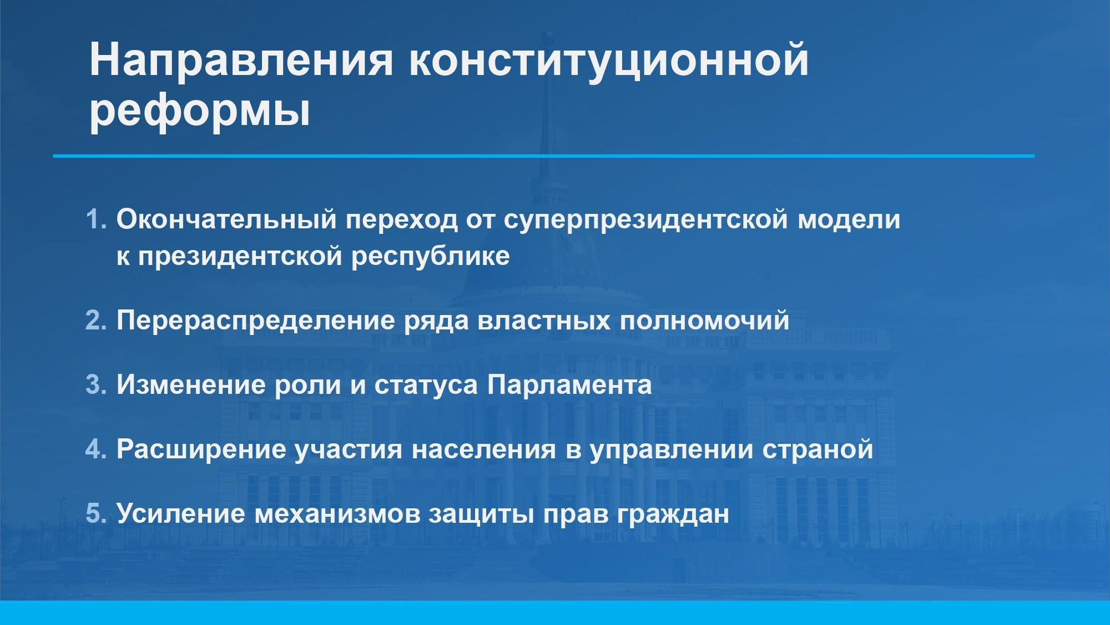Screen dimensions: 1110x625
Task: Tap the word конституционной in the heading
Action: (x=609, y=60)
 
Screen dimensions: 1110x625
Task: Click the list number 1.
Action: (x=95, y=219)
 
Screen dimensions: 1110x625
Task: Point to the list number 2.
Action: (x=95, y=321)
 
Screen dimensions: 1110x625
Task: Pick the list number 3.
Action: (x=95, y=384)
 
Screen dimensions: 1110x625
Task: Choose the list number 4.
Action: (x=95, y=448)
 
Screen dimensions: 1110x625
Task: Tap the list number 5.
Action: (x=95, y=513)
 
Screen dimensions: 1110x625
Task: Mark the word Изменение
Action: (x=191, y=384)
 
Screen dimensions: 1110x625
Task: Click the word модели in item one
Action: (x=849, y=220)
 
